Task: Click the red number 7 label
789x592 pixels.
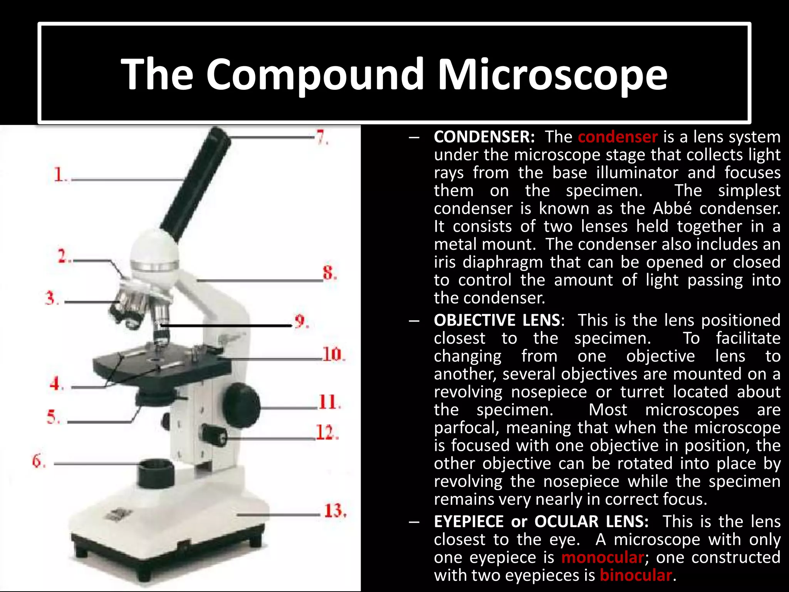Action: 322,137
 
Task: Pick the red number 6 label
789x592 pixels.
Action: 38,461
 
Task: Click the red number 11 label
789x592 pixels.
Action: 329,402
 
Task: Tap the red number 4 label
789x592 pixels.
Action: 56,384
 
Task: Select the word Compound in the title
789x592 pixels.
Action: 315,74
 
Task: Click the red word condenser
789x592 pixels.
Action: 618,137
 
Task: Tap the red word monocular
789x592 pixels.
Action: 602,557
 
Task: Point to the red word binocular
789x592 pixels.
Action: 636,575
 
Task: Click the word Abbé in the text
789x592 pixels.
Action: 668,209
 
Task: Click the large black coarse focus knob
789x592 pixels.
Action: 242,405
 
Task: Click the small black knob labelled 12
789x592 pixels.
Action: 214,435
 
